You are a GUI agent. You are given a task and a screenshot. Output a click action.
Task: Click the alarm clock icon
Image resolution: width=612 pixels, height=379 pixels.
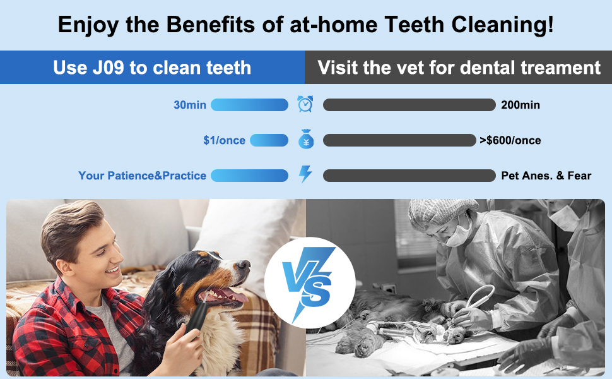pyautogui.click(x=305, y=104)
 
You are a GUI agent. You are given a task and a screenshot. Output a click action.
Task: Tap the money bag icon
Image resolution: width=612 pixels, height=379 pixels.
pyautogui.click(x=306, y=139)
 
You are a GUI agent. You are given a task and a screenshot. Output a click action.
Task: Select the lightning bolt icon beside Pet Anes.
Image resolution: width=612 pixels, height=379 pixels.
pyautogui.click(x=305, y=174)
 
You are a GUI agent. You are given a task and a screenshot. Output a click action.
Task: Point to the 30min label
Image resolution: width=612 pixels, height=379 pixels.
pyautogui.click(x=190, y=105)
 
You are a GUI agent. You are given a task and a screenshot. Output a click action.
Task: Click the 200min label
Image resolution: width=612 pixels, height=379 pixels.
pyautogui.click(x=521, y=105)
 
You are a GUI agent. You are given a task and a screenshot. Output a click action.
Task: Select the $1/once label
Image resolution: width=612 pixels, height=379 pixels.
pyautogui.click(x=224, y=140)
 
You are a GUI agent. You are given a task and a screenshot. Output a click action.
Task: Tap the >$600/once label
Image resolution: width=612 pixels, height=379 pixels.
pyautogui.click(x=510, y=140)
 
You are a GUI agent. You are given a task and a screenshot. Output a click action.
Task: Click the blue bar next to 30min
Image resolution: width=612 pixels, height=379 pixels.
pyautogui.click(x=249, y=105)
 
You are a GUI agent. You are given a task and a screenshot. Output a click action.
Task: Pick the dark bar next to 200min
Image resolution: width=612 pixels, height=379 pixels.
pyautogui.click(x=409, y=105)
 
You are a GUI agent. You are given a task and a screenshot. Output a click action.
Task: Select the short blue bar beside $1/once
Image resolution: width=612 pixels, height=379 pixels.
pyautogui.click(x=269, y=140)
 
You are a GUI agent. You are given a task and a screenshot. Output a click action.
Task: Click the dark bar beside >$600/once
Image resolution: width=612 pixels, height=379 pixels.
pyautogui.click(x=399, y=140)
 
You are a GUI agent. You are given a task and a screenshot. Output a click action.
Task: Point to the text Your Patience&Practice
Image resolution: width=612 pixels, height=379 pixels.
pyautogui.click(x=142, y=176)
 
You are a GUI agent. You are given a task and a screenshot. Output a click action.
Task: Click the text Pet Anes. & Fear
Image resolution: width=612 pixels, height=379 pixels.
pyautogui.click(x=546, y=176)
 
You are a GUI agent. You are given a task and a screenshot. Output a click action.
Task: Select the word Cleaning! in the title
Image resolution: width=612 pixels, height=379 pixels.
pyautogui.click(x=502, y=25)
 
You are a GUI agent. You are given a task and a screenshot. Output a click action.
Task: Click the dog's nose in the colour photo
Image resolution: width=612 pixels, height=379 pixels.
pyautogui.click(x=244, y=265)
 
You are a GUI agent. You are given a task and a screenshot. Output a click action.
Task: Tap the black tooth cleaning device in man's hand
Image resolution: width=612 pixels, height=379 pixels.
pyautogui.click(x=197, y=318)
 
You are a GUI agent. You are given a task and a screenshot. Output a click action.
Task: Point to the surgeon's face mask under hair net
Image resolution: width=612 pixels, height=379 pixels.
pyautogui.click(x=458, y=234)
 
